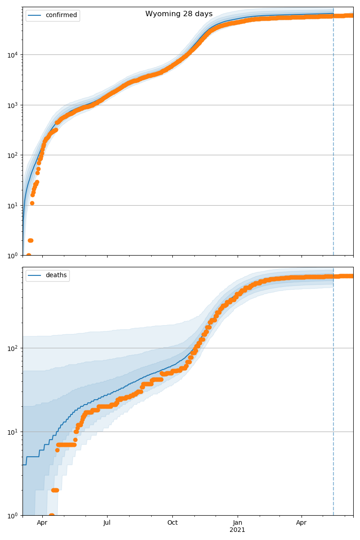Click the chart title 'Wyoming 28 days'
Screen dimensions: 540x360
(x=179, y=14)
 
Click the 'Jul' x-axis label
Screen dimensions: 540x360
(x=107, y=523)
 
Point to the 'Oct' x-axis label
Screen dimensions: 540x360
(x=172, y=523)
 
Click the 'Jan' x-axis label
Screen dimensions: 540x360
(x=237, y=523)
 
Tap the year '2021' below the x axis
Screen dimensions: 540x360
(x=237, y=530)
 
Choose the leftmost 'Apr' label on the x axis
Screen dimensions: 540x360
(x=42, y=523)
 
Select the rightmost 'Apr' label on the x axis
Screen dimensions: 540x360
(x=301, y=523)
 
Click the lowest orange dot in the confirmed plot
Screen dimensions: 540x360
(x=28, y=255)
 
